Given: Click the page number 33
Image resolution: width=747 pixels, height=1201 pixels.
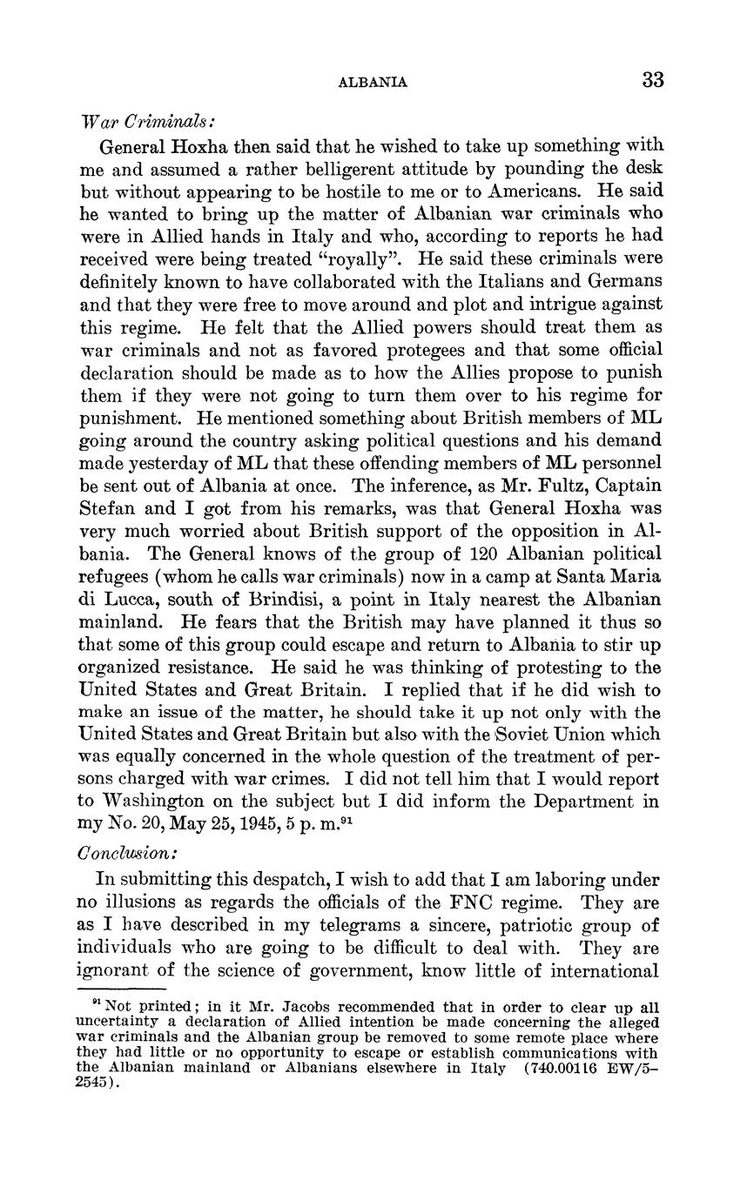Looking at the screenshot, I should (x=653, y=80).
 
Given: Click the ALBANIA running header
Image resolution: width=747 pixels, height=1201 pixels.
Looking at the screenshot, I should (x=372, y=83).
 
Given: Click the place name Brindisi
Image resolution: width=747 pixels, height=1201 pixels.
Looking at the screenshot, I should (x=257, y=599).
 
